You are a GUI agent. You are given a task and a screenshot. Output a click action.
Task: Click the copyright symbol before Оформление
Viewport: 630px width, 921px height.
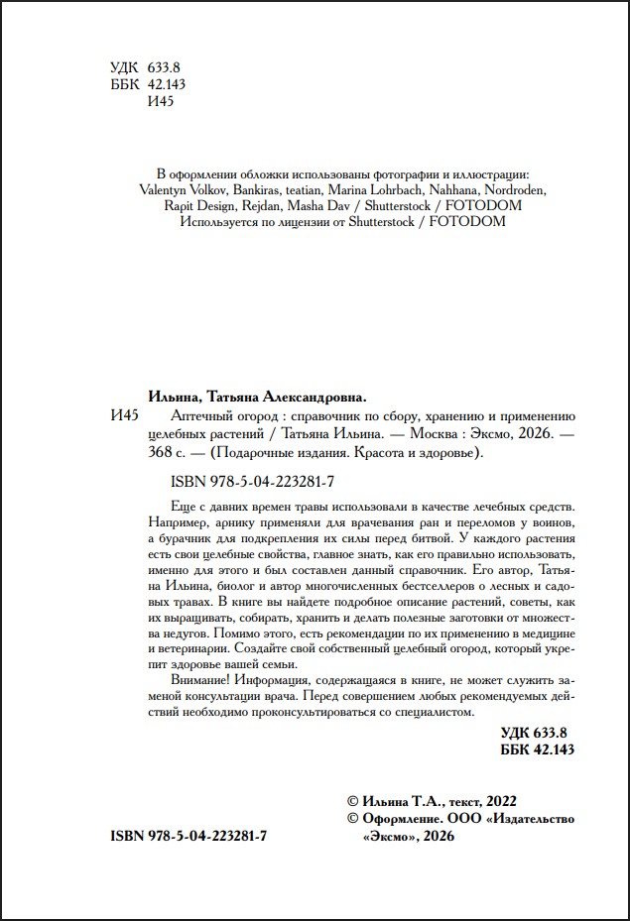(x=349, y=818)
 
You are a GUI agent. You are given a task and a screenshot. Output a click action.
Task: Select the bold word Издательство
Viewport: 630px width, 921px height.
(x=531, y=818)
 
